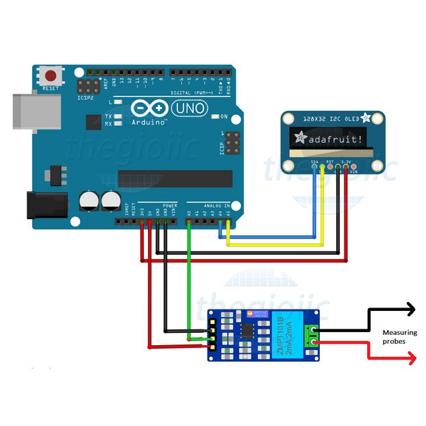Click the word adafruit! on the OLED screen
pos(331,139)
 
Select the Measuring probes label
pos(399,336)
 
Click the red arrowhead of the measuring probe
pos(411,358)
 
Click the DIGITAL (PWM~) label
pos(190,92)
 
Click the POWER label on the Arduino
pos(171,205)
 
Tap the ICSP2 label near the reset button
pos(85,98)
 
